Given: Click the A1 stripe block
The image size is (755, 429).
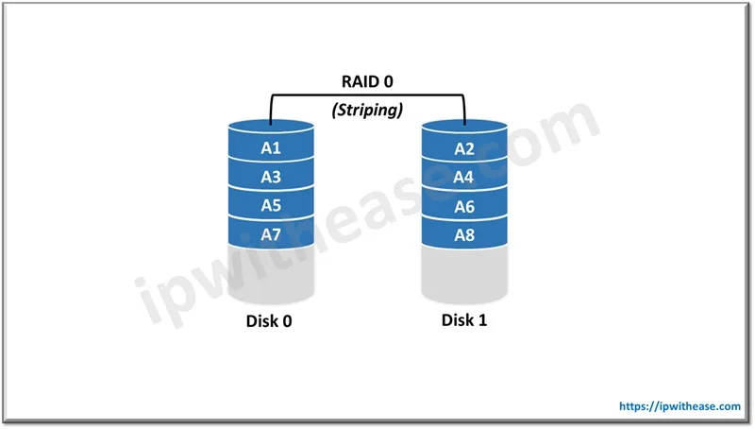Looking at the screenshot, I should pyautogui.click(x=272, y=149).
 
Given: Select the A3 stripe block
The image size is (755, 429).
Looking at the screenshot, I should pyautogui.click(x=272, y=178).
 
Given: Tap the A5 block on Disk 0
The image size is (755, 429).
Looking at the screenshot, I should pyautogui.click(x=272, y=205).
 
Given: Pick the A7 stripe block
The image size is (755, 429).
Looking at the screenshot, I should pyautogui.click(x=272, y=233).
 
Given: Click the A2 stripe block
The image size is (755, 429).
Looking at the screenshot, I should pyautogui.click(x=464, y=149).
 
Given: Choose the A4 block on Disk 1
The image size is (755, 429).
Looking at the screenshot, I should pyautogui.click(x=464, y=178).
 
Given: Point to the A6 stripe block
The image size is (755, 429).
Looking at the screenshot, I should pyautogui.click(x=464, y=205).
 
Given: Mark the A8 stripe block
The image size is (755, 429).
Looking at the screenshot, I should pyautogui.click(x=464, y=233).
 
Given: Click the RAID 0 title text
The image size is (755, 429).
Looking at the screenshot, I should pyautogui.click(x=368, y=82).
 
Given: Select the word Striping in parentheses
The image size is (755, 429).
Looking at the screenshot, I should pyautogui.click(x=368, y=110).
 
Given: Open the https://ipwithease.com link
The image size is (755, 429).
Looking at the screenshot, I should pyautogui.click(x=679, y=405).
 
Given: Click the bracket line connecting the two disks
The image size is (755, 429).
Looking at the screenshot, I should pyautogui.click(x=368, y=95).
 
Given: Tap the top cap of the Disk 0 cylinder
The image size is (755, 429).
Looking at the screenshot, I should pyautogui.click(x=272, y=128).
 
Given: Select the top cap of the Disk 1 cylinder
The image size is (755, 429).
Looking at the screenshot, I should pyautogui.click(x=464, y=128).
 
